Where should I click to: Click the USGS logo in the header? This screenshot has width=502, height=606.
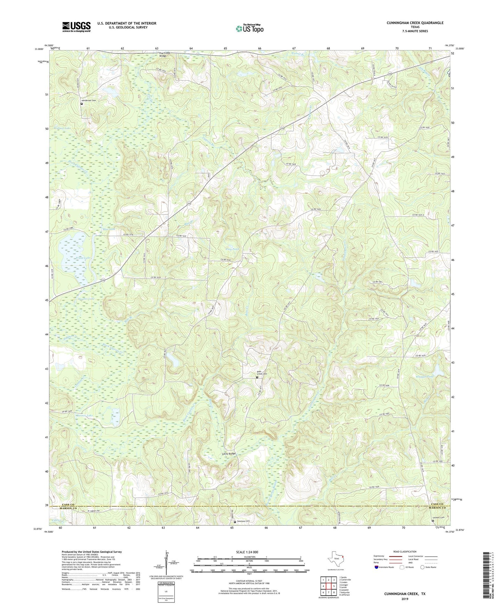[x=76, y=27]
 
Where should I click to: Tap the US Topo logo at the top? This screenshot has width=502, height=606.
[x=249, y=28]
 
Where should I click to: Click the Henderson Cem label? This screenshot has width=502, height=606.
[x=89, y=100]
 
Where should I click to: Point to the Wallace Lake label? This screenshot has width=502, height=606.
[x=62, y=128]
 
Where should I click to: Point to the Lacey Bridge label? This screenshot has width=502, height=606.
[x=229, y=454]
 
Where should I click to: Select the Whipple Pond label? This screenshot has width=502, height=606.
[x=425, y=377]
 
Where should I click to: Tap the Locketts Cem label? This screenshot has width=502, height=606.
[x=438, y=518]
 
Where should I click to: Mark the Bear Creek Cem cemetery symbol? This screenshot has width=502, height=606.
[x=257, y=377]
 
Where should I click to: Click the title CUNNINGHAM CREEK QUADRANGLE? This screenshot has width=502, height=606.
[x=415, y=23]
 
